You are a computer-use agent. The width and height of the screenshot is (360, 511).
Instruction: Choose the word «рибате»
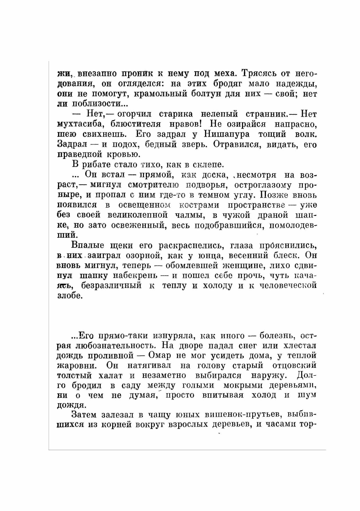(x=96, y=165)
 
